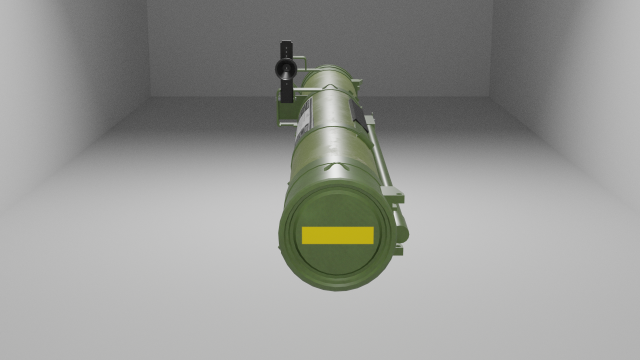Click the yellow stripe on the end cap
click(336, 235)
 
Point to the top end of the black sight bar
click(287, 46)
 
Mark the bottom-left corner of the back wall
click(151, 96)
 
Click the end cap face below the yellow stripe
click(336, 265)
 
